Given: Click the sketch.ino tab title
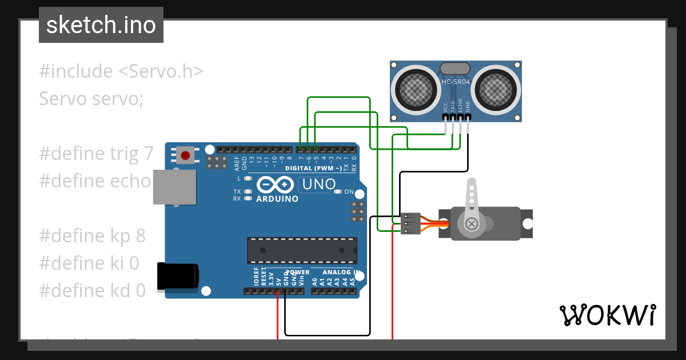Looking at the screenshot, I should (x=101, y=25).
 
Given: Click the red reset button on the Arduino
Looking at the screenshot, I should (x=185, y=154).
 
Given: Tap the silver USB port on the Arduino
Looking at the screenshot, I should (x=174, y=187).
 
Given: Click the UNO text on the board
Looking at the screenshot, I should (x=318, y=185).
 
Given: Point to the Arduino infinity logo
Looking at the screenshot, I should (x=276, y=185).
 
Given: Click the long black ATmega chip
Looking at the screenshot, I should (x=302, y=250).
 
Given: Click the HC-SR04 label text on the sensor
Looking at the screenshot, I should (x=455, y=82).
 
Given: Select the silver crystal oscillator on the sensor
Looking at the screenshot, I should (x=455, y=68).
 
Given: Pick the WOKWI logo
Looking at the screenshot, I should (x=607, y=315).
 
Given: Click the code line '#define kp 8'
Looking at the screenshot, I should (x=92, y=235).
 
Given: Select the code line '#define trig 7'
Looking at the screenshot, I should (x=96, y=154).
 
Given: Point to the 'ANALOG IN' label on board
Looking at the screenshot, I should (x=341, y=272).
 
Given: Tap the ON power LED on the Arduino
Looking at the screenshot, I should (x=338, y=192).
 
